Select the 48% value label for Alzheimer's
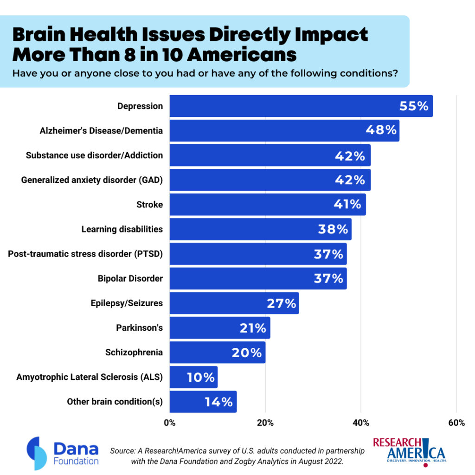[380, 131]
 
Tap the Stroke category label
[149, 205]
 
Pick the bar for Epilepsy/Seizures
[234, 303]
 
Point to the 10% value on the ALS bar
[201, 378]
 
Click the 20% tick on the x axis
[265, 423]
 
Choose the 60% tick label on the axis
[456, 423]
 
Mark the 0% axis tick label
[170, 423]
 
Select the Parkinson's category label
[139, 328]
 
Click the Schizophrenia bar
[217, 353]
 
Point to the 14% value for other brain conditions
[218, 402]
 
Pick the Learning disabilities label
[122, 229]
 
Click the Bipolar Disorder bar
[257, 279]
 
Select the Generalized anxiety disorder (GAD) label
[92, 180]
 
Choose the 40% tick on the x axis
[361, 423]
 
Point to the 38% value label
[333, 229]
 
